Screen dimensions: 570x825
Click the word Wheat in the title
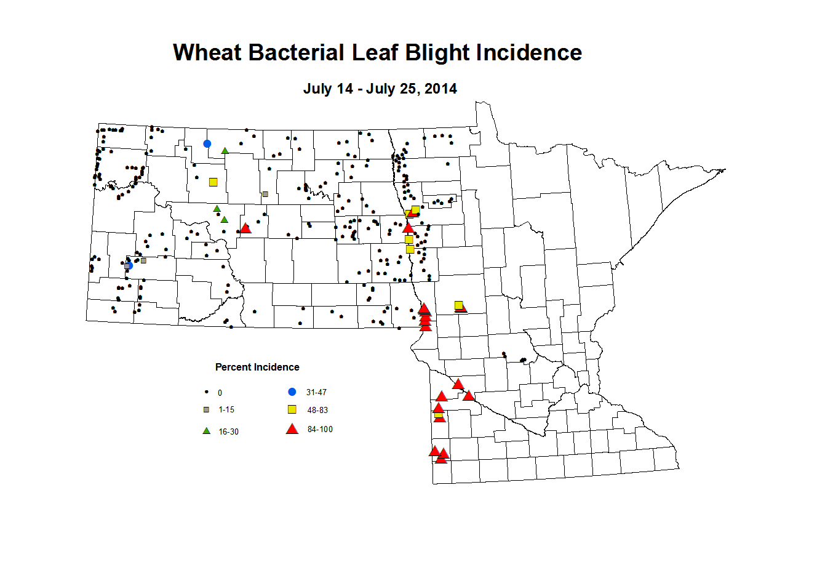pyautogui.click(x=207, y=53)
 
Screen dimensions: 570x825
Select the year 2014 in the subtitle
pyautogui.click(x=440, y=89)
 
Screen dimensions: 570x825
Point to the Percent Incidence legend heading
pyautogui.click(x=257, y=367)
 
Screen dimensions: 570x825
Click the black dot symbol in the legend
pyautogui.click(x=207, y=392)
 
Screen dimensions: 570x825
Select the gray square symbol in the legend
pyautogui.click(x=207, y=409)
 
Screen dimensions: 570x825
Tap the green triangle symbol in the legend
pyautogui.click(x=207, y=431)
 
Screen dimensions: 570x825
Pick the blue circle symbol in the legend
pyautogui.click(x=292, y=392)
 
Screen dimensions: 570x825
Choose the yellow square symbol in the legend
pyautogui.click(x=292, y=410)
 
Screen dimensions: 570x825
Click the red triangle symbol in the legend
pyautogui.click(x=292, y=429)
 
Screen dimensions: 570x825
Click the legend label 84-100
pyautogui.click(x=320, y=430)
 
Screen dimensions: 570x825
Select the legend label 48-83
pyautogui.click(x=317, y=411)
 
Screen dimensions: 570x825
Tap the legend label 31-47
pyautogui.click(x=316, y=392)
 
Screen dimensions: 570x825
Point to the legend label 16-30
pyautogui.click(x=228, y=432)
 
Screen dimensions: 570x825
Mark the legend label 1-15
pyautogui.click(x=226, y=410)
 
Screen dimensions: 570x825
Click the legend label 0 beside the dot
pyautogui.click(x=220, y=393)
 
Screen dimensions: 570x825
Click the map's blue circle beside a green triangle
pyautogui.click(x=207, y=144)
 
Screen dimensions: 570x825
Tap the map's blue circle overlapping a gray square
pyautogui.click(x=129, y=265)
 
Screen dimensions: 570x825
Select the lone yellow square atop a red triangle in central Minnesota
pyautogui.click(x=458, y=305)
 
